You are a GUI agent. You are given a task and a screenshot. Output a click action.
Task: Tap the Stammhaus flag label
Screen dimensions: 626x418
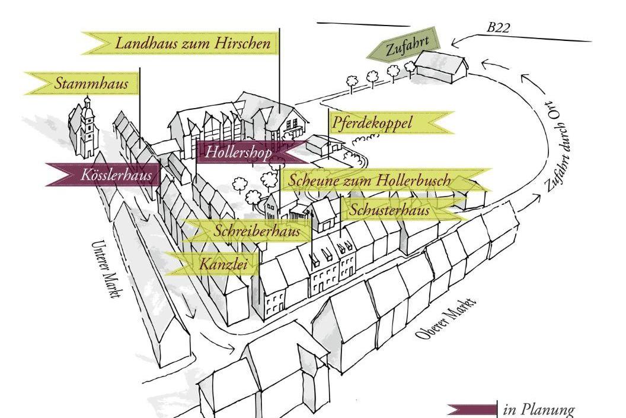pos(82,83)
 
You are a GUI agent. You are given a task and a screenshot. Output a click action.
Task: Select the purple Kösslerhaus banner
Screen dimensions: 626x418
pos(103,175)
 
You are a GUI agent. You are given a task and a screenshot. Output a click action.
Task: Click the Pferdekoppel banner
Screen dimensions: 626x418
pos(391,122)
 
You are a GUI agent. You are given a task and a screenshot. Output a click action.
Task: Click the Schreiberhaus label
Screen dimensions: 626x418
pos(248,230)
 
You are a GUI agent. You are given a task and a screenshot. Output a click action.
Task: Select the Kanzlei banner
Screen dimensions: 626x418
pos(212,264)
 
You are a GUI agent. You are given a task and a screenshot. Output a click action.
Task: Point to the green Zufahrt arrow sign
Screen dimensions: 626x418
pos(404,46)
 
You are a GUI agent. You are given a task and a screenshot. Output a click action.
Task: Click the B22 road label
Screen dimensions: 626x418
pos(498,28)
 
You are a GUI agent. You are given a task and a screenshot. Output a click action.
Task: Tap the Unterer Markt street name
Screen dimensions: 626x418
pos(105,269)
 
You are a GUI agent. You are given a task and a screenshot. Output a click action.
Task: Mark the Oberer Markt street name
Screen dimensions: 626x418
pos(446,319)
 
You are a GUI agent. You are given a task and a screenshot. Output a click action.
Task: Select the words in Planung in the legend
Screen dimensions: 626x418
pos(539,410)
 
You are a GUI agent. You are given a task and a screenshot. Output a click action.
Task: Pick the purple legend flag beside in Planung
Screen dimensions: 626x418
pos(472,410)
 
